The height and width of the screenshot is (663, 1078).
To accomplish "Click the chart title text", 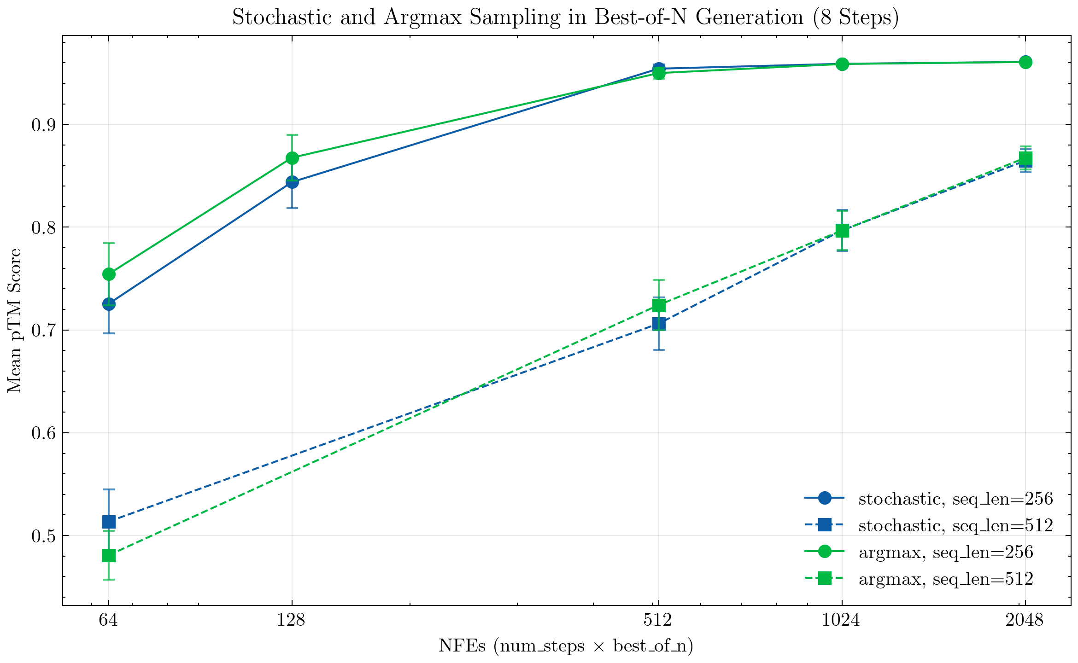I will [565, 17].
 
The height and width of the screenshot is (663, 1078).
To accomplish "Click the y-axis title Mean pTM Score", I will [15, 320].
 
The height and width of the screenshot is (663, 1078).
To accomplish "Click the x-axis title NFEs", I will [565, 646].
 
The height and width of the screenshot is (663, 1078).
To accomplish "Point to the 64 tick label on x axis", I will [108, 621].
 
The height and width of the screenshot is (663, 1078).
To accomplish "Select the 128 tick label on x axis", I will [291, 621].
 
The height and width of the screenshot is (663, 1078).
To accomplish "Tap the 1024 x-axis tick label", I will [841, 621].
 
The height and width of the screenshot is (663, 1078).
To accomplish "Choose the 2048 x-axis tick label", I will [1025, 621].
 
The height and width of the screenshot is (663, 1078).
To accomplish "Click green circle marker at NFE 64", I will [109, 274].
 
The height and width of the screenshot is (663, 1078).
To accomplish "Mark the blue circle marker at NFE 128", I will [292, 182].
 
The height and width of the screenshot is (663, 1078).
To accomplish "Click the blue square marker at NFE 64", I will [109, 522].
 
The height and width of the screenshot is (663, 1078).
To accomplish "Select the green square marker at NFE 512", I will [659, 306].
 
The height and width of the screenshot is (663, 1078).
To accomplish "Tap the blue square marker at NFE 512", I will [659, 325].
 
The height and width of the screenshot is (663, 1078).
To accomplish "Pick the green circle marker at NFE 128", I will [292, 158].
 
